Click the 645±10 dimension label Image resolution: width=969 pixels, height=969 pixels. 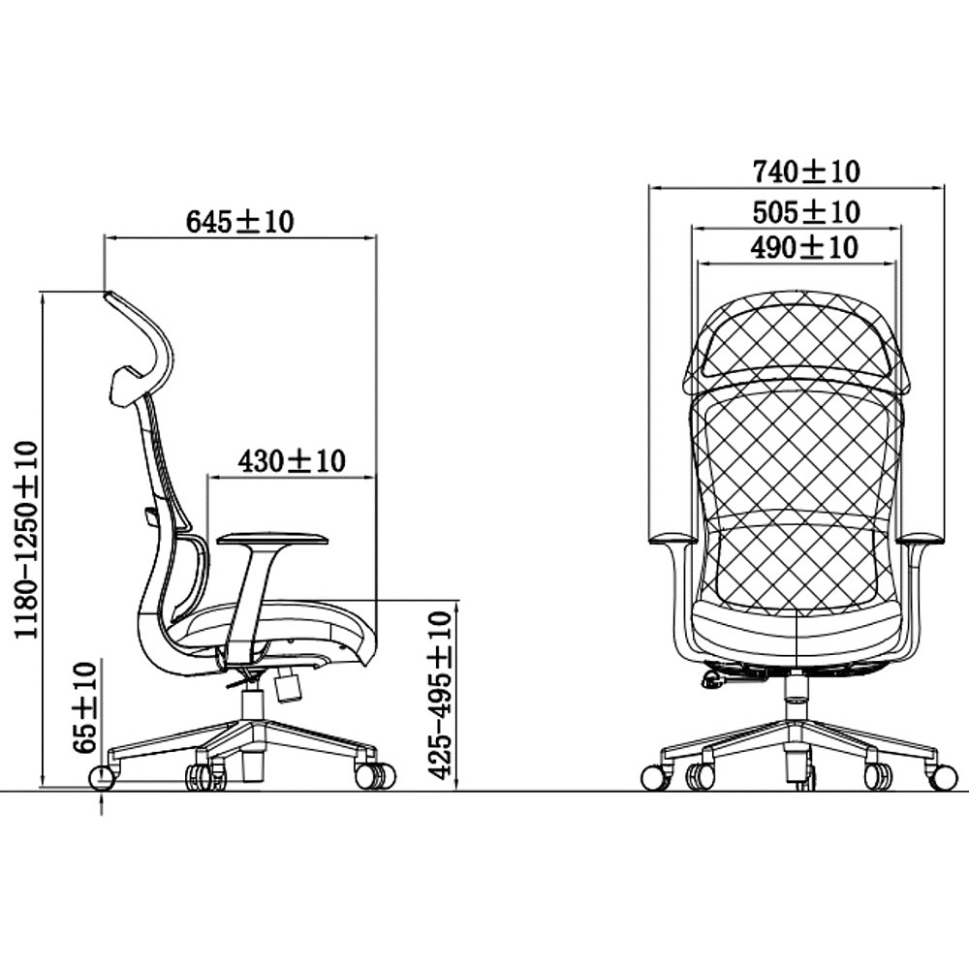coord(239,223)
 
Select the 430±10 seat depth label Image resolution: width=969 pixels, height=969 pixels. coord(291,461)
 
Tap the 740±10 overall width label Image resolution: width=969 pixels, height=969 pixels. coord(806,172)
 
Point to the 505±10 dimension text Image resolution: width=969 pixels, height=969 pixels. coord(806,212)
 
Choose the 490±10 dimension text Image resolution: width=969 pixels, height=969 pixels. coord(804,248)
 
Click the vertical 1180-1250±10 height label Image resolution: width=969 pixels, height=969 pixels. coord(26,540)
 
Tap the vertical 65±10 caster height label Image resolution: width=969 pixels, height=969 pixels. coord(85,708)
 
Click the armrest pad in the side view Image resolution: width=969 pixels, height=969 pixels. coord(272,538)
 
